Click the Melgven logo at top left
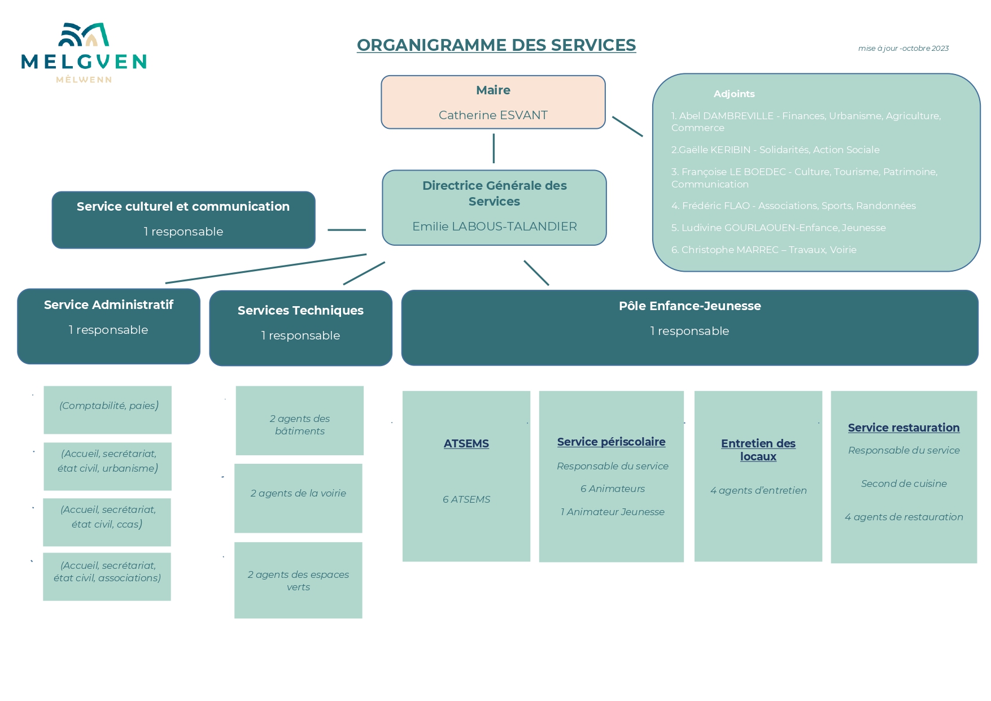click(x=84, y=53)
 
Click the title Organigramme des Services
click(x=496, y=45)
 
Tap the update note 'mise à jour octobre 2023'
click(x=903, y=49)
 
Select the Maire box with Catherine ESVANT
click(x=493, y=102)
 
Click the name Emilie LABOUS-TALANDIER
click(x=494, y=227)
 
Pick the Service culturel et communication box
click(x=183, y=220)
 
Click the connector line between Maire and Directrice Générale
click(x=494, y=149)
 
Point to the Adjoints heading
click(x=734, y=94)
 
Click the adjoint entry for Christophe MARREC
click(x=763, y=250)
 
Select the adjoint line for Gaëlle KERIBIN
click(x=775, y=150)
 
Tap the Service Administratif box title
click(x=108, y=305)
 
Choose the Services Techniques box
click(x=300, y=328)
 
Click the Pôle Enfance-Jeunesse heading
click(x=689, y=306)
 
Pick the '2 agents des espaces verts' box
click(x=298, y=580)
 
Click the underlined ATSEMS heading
click(x=466, y=443)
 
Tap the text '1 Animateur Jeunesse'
click(x=612, y=512)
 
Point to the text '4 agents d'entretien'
click(x=758, y=490)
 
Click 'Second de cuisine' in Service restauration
click(x=903, y=484)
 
